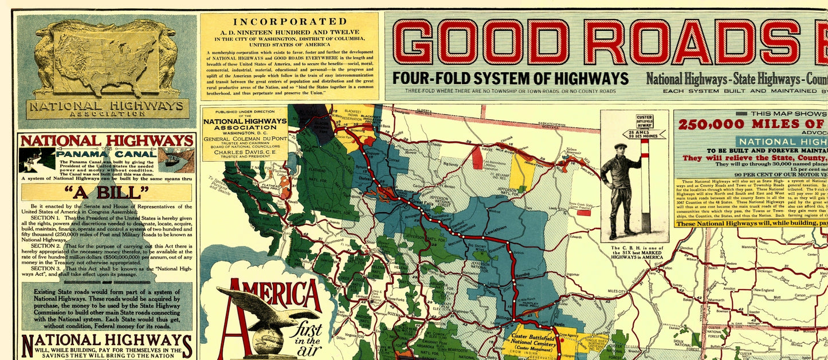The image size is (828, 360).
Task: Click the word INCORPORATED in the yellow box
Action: click(289, 22)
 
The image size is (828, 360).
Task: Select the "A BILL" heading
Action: click(106, 192)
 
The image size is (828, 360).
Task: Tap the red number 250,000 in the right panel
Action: click(711, 124)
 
